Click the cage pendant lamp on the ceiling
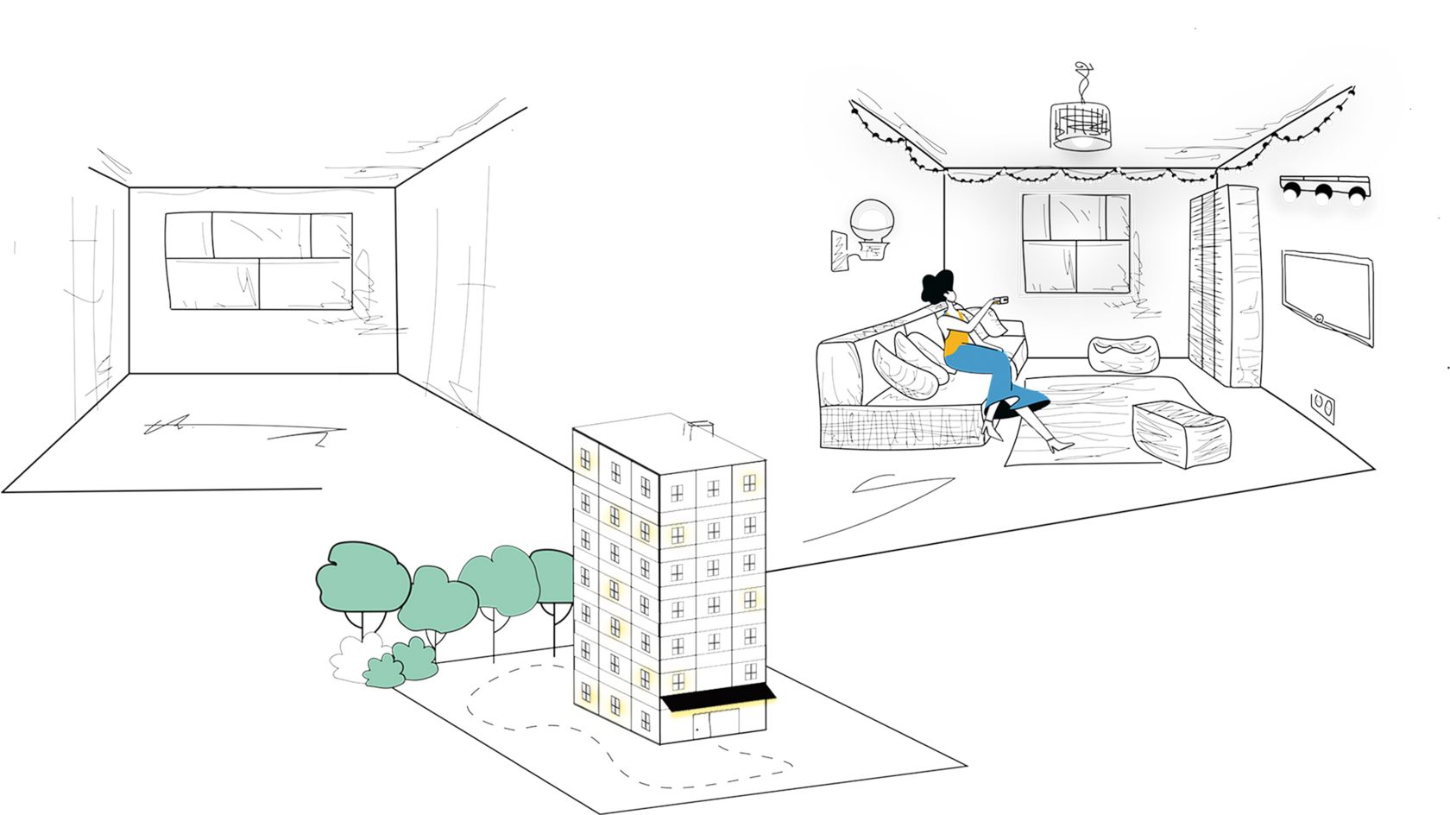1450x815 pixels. click(1080, 125)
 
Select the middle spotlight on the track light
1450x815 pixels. click(1321, 193)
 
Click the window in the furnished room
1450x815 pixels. click(1075, 243)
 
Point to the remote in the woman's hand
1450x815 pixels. click(1001, 299)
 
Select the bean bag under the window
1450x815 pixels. click(1121, 354)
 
